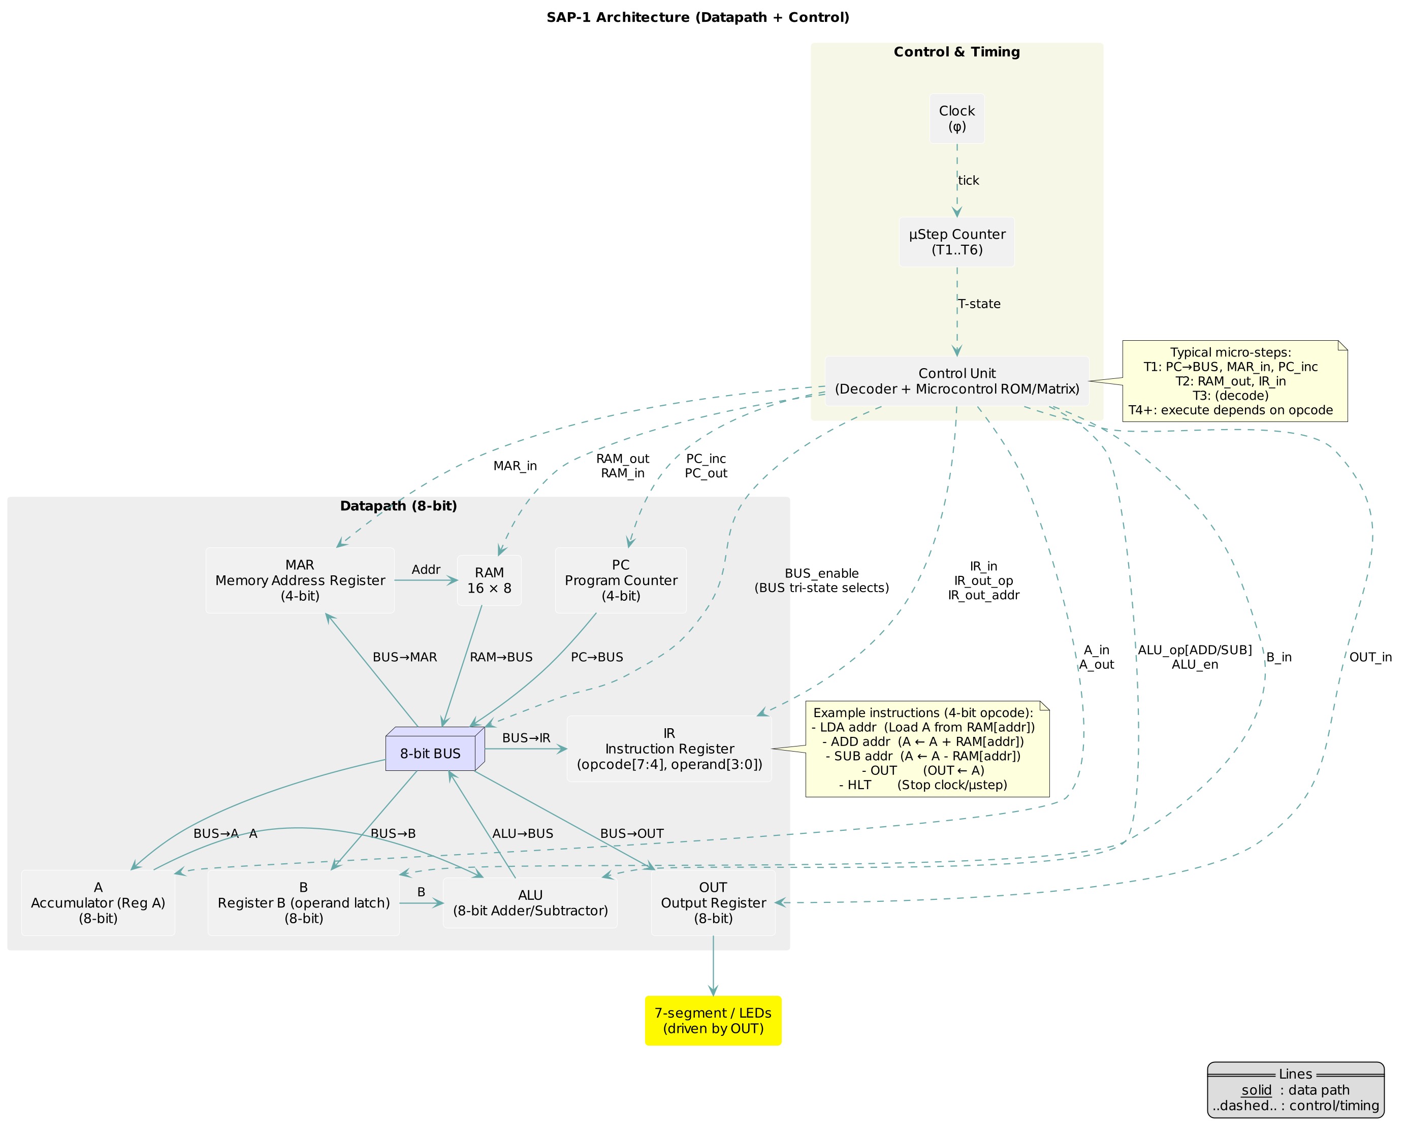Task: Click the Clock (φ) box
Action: [956, 118]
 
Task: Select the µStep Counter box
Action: [956, 242]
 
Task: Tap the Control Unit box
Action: [956, 381]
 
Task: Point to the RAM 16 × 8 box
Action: [489, 580]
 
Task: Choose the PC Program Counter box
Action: [621, 580]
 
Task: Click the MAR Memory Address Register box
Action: [300, 580]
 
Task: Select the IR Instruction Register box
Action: [669, 749]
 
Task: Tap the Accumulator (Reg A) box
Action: [98, 902]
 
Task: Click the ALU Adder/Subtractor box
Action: [530, 903]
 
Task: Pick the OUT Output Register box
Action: [713, 902]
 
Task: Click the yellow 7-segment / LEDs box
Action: [713, 1021]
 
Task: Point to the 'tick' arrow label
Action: [968, 181]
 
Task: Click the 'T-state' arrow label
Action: [979, 304]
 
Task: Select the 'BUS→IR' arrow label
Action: [526, 738]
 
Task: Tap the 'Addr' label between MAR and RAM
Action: [426, 570]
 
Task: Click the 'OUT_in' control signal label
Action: [1370, 658]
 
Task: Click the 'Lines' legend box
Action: [1295, 1090]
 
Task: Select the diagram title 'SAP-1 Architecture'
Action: [698, 18]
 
